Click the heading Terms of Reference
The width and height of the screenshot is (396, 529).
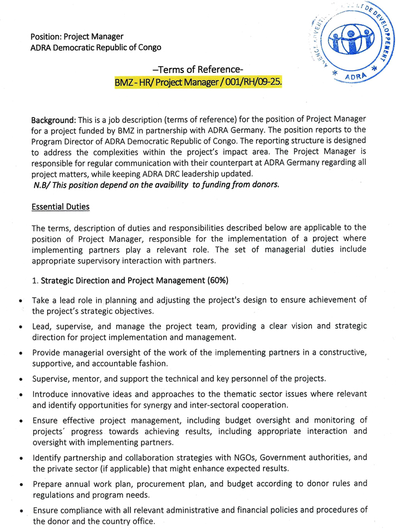click(x=198, y=69)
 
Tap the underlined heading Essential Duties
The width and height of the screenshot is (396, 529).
click(x=61, y=207)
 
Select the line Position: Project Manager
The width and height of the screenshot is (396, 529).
click(x=77, y=37)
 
